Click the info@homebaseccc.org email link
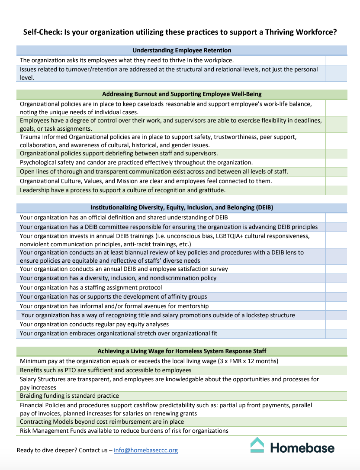pos(146,450)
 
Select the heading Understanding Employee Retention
pos(182,50)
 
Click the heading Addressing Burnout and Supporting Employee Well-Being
pos(182,94)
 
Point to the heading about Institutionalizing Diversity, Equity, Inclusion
pos(182,207)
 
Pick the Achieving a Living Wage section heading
pos(182,351)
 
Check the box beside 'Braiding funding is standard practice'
pos(336,396)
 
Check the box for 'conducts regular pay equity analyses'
pos(336,324)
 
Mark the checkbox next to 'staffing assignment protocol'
pos(336,287)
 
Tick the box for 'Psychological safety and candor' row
pos(336,163)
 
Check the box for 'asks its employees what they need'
pos(336,61)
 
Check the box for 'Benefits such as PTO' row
pos(336,370)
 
